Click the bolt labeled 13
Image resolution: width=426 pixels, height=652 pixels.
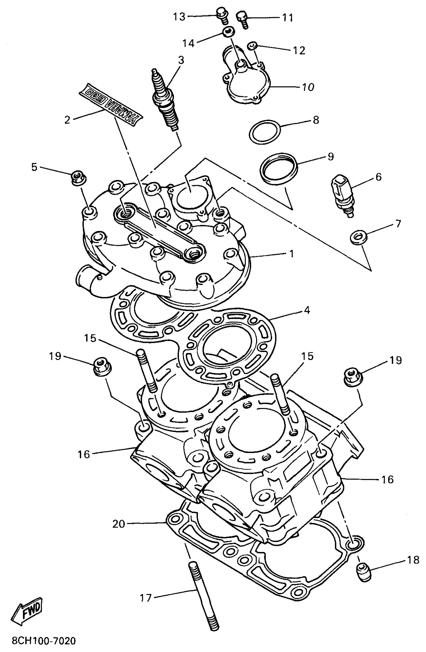coord(221,14)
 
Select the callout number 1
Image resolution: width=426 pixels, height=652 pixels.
coord(291,254)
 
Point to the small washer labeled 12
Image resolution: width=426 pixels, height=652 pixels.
coord(252,45)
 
